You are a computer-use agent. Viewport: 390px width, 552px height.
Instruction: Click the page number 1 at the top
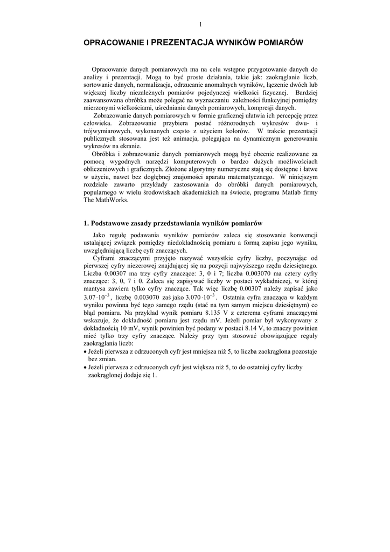[200, 24]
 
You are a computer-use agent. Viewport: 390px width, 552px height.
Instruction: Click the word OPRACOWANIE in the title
[114, 42]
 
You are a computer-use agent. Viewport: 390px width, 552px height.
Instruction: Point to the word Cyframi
[105, 258]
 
